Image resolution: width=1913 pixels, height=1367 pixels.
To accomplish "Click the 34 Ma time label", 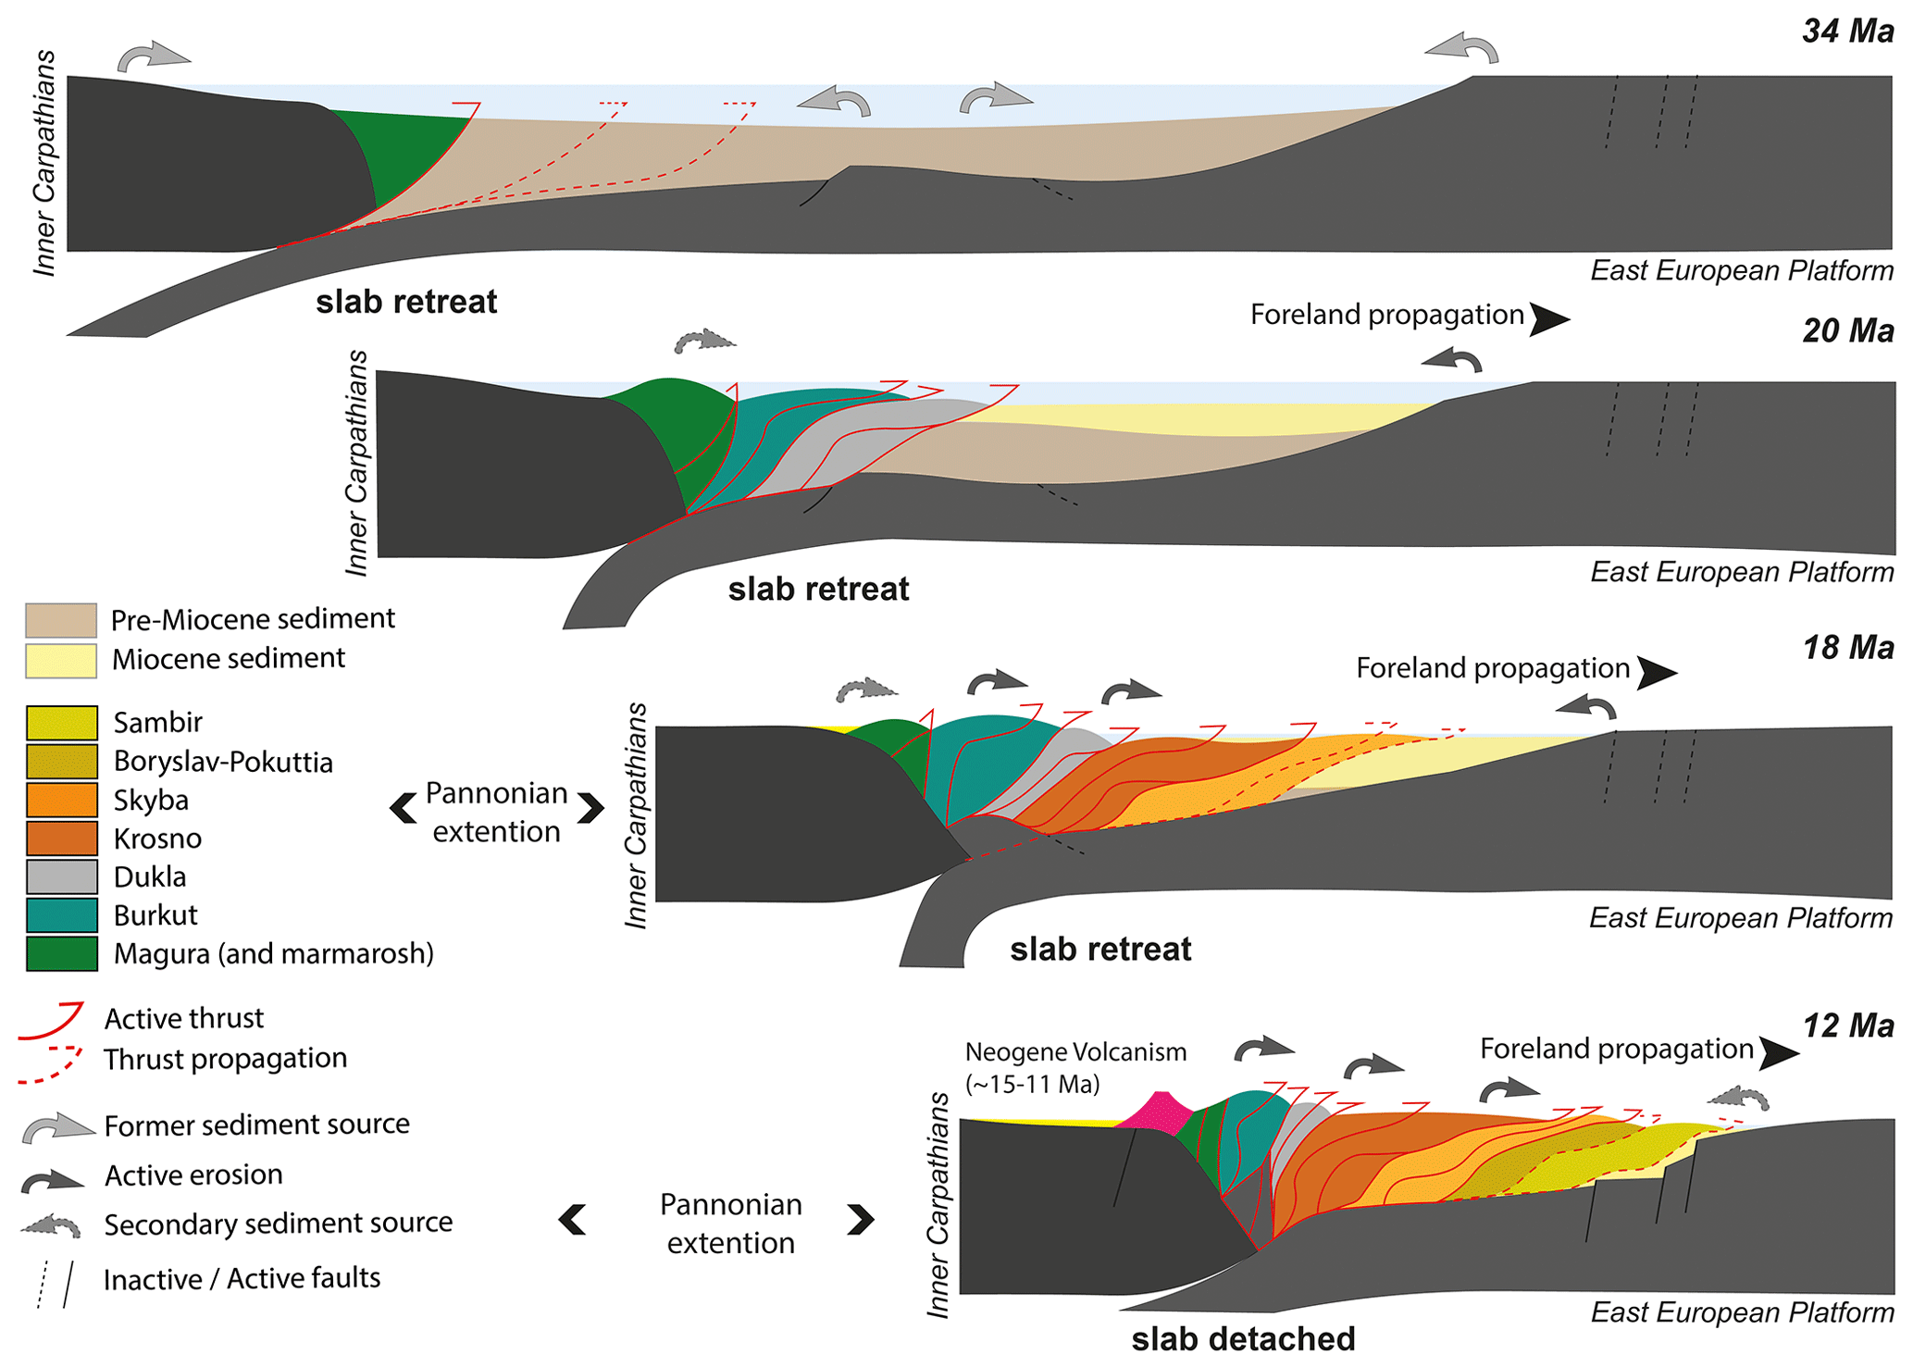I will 1846,31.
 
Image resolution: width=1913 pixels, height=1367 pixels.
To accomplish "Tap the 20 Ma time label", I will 1846,330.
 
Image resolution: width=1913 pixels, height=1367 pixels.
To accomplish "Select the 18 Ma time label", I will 1846,648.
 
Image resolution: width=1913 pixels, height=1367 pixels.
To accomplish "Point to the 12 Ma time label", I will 1846,1025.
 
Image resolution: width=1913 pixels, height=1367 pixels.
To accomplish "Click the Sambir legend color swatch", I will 62,723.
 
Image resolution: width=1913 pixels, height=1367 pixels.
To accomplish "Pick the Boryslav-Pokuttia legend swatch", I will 62,762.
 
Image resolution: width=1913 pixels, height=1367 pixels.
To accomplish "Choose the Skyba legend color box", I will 62,800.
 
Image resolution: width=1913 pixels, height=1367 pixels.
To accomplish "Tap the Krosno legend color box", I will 62,839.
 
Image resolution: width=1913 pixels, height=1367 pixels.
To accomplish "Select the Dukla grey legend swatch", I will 62,876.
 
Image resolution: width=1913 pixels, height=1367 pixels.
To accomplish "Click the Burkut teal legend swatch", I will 62,915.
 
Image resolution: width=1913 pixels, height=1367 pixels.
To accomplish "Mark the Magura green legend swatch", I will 62,954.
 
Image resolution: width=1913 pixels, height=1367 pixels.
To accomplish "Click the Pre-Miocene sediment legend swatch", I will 61,620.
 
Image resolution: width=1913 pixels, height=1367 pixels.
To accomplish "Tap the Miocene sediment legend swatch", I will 61,661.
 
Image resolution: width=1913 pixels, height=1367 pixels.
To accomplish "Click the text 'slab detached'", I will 1243,1338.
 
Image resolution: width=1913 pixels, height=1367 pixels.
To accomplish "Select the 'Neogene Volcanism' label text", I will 1075,1052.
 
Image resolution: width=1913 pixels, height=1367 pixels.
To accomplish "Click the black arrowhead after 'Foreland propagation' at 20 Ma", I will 1549,319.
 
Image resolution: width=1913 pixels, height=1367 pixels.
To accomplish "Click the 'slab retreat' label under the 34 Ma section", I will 406,302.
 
